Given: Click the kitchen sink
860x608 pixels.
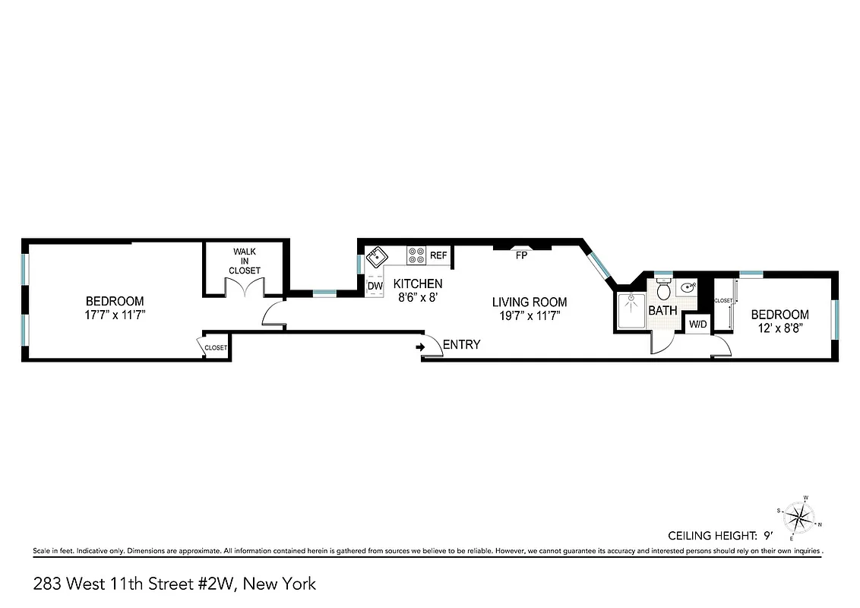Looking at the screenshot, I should coord(376,256).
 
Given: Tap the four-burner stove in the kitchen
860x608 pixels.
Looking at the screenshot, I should coord(416,255).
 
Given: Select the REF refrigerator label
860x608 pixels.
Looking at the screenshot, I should coord(438,256).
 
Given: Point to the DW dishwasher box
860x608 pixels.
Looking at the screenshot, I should coord(375,285).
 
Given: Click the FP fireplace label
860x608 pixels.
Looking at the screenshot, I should coord(521,256).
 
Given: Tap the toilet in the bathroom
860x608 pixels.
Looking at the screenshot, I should coord(662,289).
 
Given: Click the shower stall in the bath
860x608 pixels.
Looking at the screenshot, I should coord(631,311).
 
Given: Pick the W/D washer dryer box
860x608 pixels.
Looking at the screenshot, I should coord(697,324).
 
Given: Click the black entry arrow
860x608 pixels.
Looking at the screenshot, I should coord(420,347).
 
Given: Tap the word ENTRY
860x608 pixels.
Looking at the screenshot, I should coord(461,345).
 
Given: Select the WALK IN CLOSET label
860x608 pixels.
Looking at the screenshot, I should coord(245,261).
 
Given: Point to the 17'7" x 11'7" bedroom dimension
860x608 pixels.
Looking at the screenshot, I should coord(114,315).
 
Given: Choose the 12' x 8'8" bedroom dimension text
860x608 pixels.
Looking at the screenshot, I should coord(779,329).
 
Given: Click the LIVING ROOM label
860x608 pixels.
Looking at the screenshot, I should coord(529,302).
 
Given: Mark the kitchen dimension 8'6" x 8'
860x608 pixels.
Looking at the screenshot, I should coord(416,299).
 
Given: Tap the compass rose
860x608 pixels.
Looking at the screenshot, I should coord(798,518).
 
